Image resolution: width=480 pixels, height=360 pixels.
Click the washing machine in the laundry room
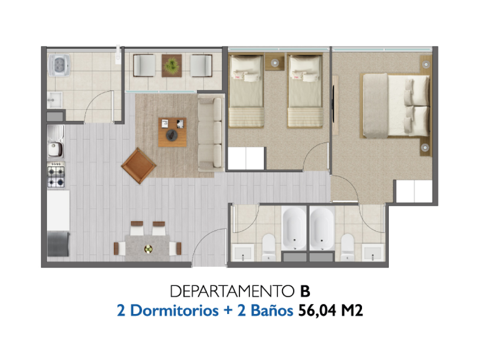click(59, 65)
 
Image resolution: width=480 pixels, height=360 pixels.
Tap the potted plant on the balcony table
click(172, 65)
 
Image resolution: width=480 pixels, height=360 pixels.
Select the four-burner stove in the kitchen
click(56, 175)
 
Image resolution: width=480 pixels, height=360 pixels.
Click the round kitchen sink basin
click(55, 149)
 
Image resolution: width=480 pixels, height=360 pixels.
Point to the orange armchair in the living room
click(139, 166)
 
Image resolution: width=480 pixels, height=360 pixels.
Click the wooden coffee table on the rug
click(172, 132)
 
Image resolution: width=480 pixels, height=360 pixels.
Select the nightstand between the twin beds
click(275, 63)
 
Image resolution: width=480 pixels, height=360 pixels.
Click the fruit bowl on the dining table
click(148, 249)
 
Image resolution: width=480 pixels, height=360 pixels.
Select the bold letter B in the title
click(305, 291)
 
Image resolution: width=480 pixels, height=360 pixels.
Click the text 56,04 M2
click(330, 311)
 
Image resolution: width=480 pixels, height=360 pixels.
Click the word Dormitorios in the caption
click(174, 310)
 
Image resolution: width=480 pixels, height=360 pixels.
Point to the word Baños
click(272, 310)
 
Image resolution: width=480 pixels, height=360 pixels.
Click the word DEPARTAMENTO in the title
click(232, 291)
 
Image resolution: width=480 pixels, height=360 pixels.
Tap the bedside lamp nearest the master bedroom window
click(426, 64)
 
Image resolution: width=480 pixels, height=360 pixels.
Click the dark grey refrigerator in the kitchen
click(58, 244)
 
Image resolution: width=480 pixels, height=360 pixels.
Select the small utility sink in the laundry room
click(55, 100)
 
